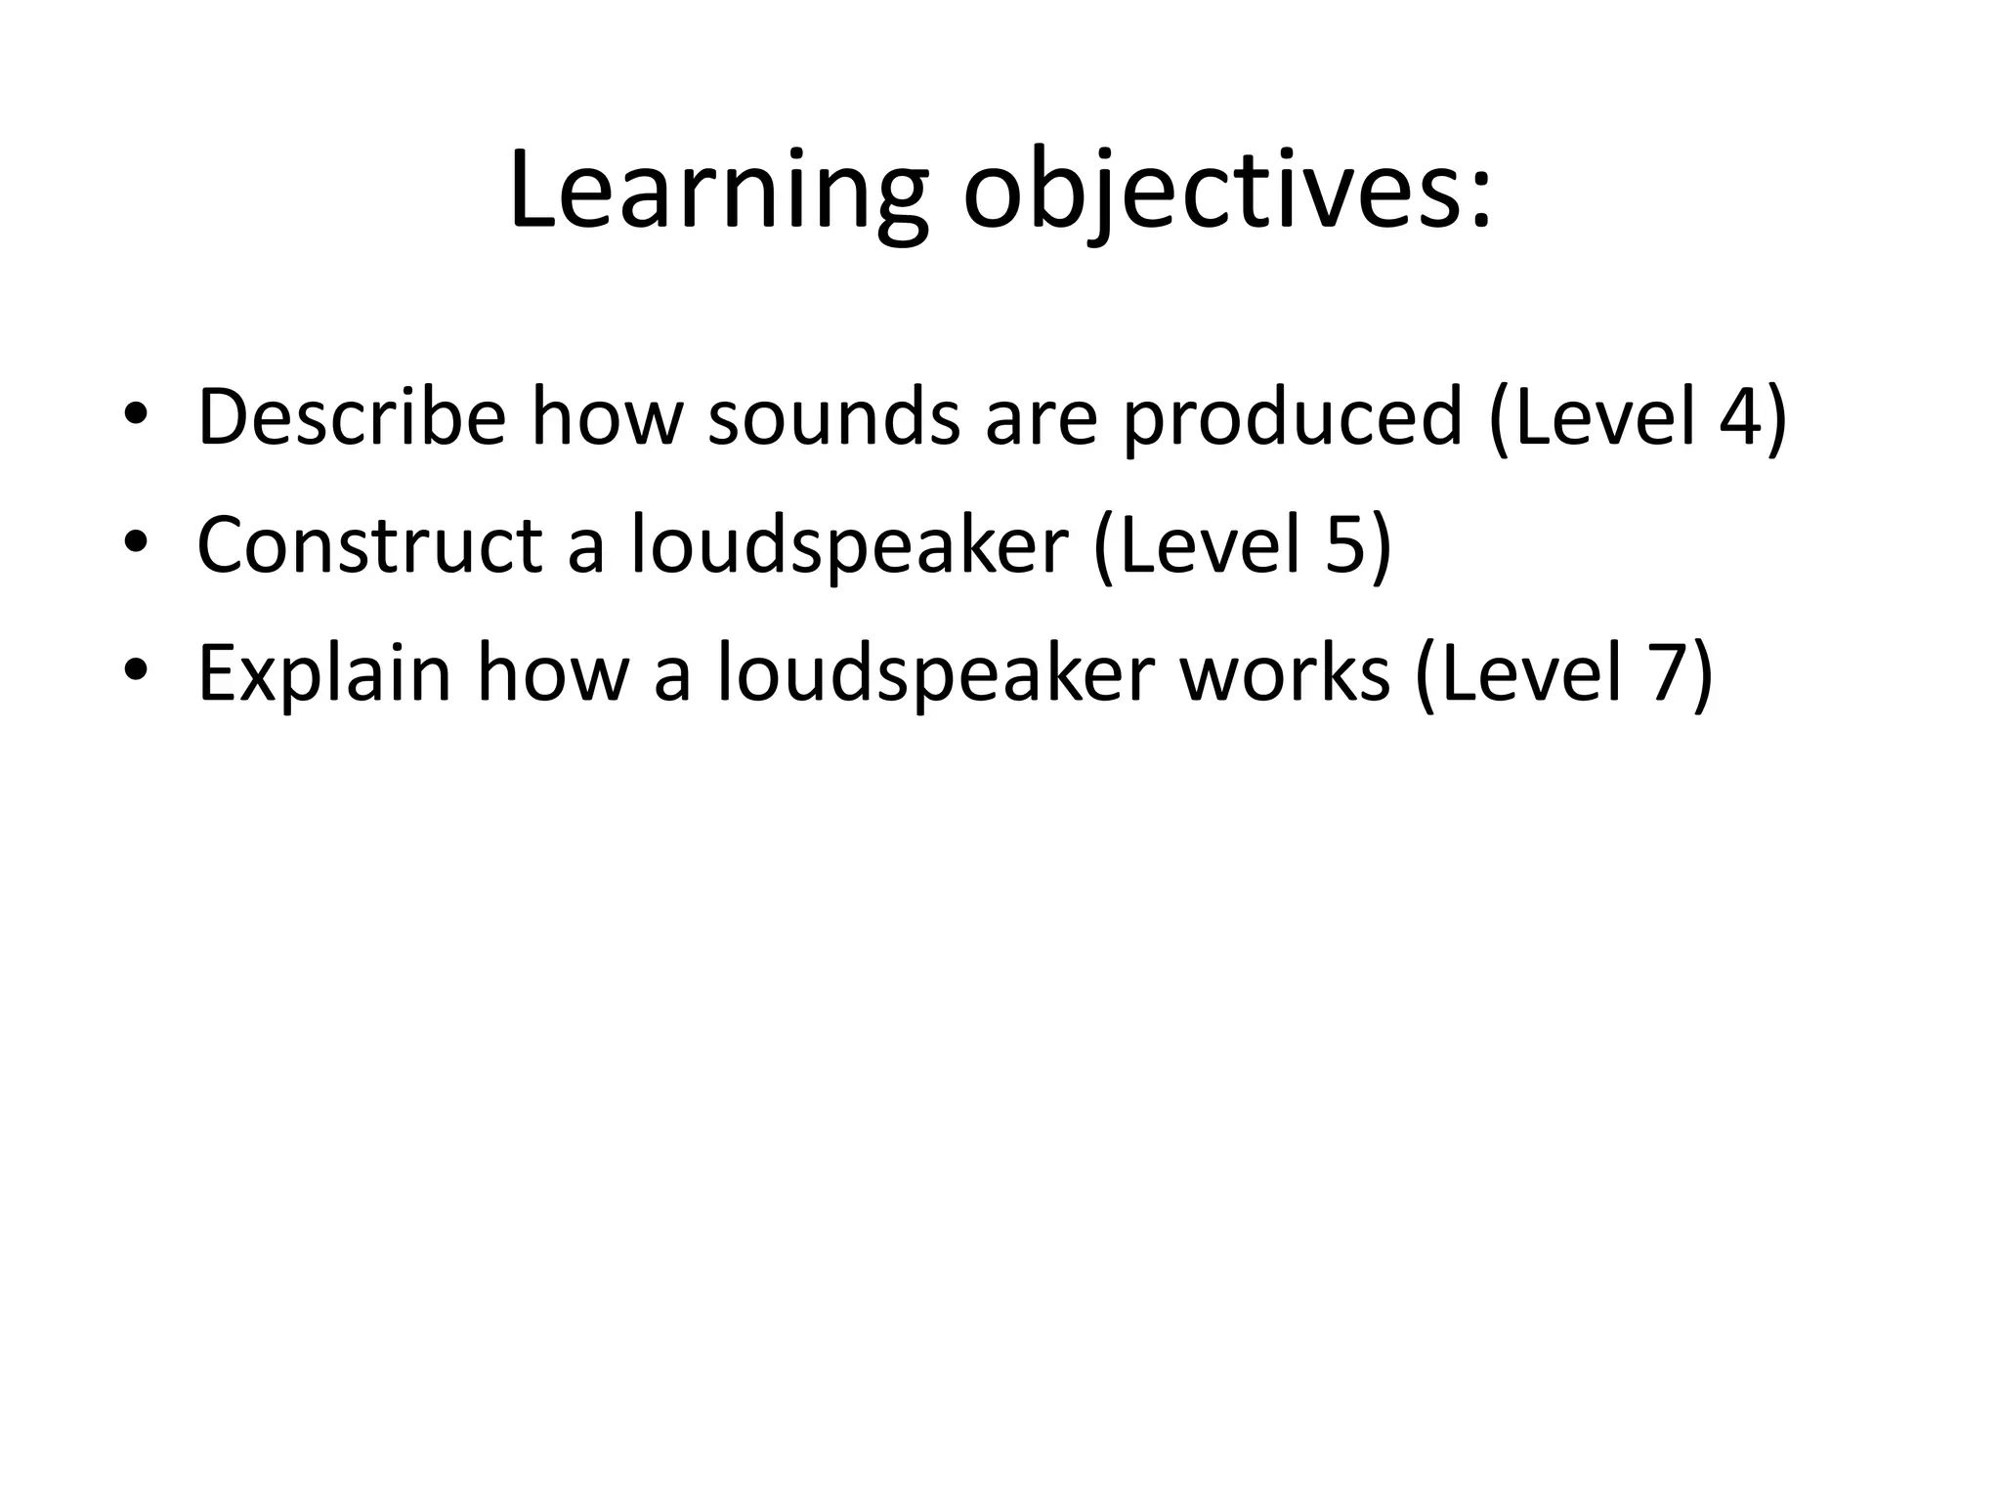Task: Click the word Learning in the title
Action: tap(718, 191)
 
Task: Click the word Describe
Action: tap(352, 418)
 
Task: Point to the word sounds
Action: tap(833, 418)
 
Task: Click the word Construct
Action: tap(369, 545)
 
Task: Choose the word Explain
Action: tap(324, 674)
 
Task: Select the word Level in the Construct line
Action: tap(1210, 545)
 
